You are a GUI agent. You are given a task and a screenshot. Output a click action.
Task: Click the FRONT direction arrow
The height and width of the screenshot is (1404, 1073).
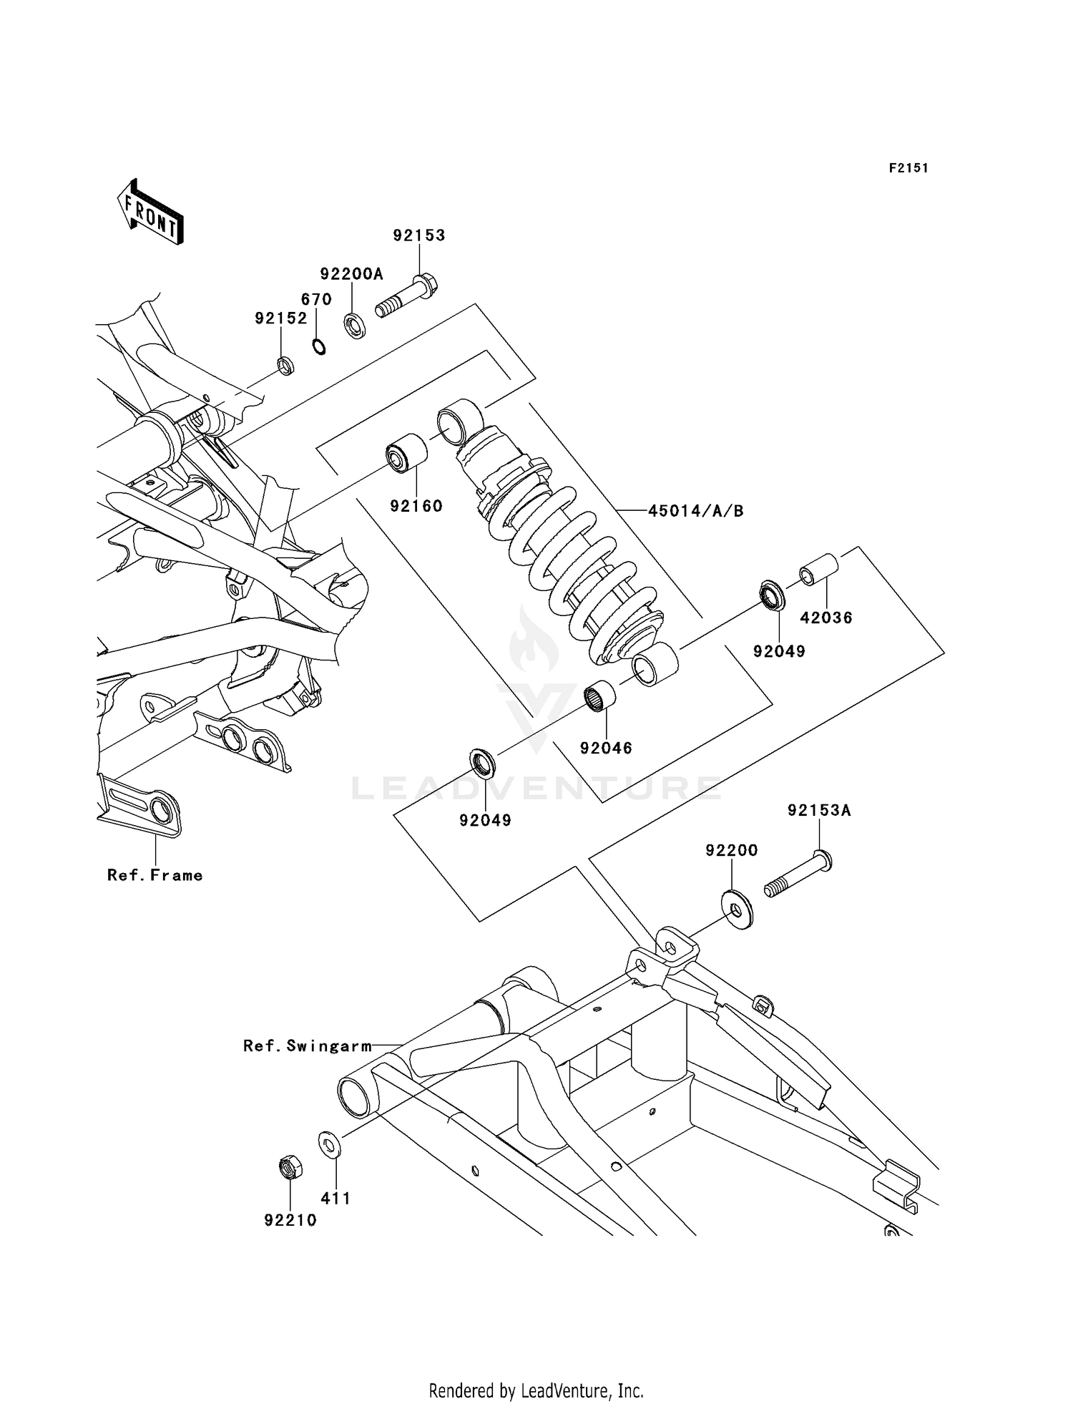[150, 213]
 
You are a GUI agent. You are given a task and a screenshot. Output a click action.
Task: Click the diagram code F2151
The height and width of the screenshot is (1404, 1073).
[908, 168]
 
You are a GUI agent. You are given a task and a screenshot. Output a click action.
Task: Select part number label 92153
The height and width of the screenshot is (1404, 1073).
[418, 235]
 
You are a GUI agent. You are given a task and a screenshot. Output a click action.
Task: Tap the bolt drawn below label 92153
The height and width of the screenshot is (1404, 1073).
[408, 297]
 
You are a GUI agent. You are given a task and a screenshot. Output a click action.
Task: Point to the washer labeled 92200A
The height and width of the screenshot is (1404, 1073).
[354, 326]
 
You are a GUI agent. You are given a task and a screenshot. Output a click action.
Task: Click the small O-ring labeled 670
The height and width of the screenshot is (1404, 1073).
[319, 347]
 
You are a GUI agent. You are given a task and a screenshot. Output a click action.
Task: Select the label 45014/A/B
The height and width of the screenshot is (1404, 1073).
[695, 511]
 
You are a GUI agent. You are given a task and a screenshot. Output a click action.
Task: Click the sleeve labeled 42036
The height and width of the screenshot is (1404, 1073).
[818, 568]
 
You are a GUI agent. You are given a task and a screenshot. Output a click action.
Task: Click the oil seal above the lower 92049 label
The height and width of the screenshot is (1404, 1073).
[483, 762]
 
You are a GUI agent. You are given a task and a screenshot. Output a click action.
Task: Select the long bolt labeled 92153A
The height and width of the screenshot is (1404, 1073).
[798, 877]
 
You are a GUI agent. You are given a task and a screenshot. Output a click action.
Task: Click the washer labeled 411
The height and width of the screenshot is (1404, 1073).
[330, 1144]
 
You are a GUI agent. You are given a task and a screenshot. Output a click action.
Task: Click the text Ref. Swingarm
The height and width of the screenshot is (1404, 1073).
[308, 1046]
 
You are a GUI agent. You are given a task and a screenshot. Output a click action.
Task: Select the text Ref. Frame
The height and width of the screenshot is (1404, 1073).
[155, 875]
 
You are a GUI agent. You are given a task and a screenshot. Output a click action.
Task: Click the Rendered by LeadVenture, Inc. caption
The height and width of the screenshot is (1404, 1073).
[536, 1391]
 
